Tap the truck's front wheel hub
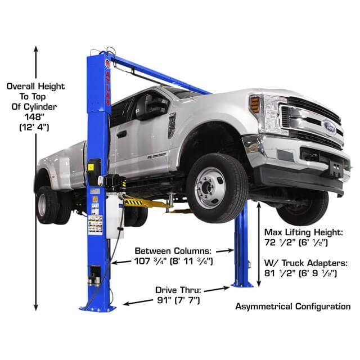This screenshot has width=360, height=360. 209,187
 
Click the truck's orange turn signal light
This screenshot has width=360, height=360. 255,105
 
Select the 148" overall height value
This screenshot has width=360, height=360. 35,117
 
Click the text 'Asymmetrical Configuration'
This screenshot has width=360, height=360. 292,307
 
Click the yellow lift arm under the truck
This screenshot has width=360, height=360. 141,201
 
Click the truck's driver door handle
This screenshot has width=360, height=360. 121,134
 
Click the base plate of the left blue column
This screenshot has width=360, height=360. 98,307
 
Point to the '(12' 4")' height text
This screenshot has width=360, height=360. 35,127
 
